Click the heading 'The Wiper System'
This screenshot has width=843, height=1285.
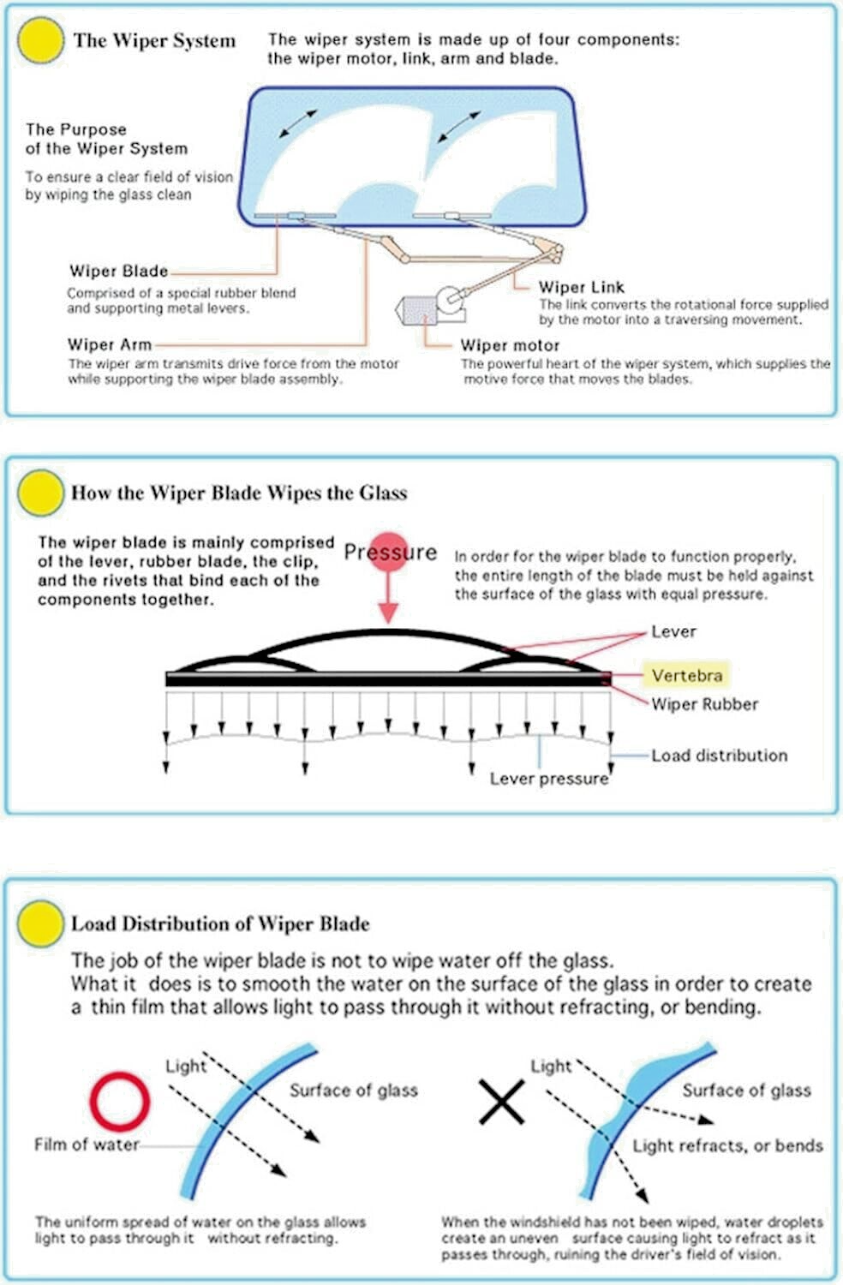coord(154,40)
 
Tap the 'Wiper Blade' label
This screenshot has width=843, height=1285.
coord(118,272)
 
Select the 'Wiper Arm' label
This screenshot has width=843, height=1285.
coord(109,344)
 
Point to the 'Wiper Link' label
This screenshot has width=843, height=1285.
coord(582,287)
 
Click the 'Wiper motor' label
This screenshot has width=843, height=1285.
coord(510,345)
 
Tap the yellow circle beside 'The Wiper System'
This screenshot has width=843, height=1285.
coord(40,40)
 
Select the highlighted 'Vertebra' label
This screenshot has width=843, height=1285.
coord(686,675)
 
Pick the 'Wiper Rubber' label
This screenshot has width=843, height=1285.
coord(704,704)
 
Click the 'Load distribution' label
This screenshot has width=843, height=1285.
coord(719,756)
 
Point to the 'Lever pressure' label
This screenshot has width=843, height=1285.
coord(548,779)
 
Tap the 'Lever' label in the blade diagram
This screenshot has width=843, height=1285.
coord(673,631)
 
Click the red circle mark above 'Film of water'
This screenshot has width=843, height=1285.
coord(120,1100)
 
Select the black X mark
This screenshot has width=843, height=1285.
coord(501,1102)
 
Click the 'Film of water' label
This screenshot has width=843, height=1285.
coord(86,1145)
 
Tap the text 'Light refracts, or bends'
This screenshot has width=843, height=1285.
coord(727,1145)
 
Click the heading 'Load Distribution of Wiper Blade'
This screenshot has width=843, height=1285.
coord(220,923)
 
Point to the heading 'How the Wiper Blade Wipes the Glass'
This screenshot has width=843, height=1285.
coord(239,493)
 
